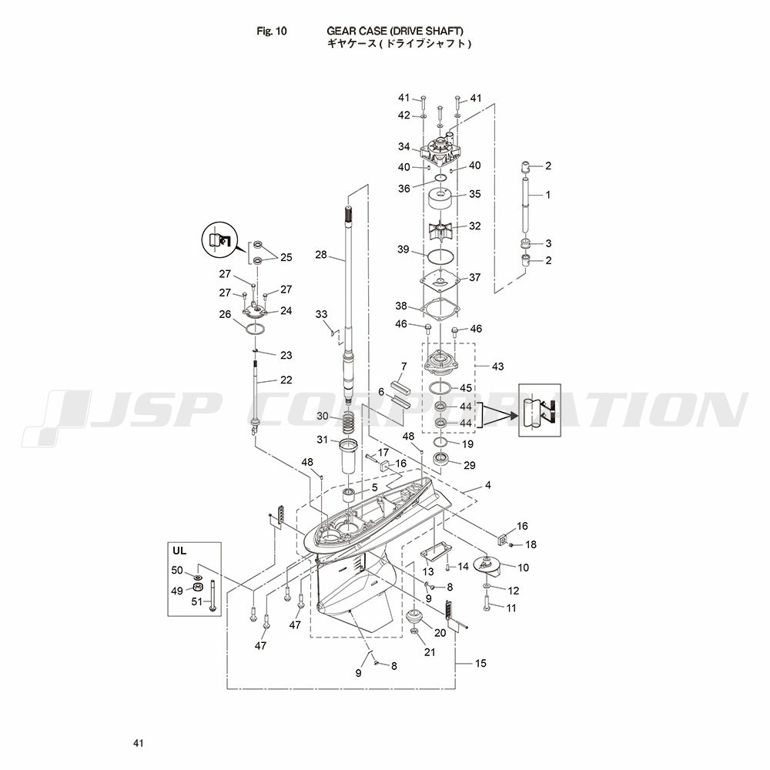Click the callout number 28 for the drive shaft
[x=320, y=255]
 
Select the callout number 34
[x=403, y=146]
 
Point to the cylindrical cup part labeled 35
[x=440, y=199]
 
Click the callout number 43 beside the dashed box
[x=497, y=367]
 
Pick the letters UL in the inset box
[x=179, y=551]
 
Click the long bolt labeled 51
[x=212, y=596]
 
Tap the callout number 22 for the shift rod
[x=286, y=380]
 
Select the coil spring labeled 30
[x=348, y=422]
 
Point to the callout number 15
[x=480, y=663]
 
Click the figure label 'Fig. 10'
[x=272, y=31]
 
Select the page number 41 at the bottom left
[x=139, y=743]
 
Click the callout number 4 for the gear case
[x=487, y=485]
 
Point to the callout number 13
[x=428, y=571]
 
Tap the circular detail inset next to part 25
[x=219, y=239]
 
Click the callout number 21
[x=430, y=652]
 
